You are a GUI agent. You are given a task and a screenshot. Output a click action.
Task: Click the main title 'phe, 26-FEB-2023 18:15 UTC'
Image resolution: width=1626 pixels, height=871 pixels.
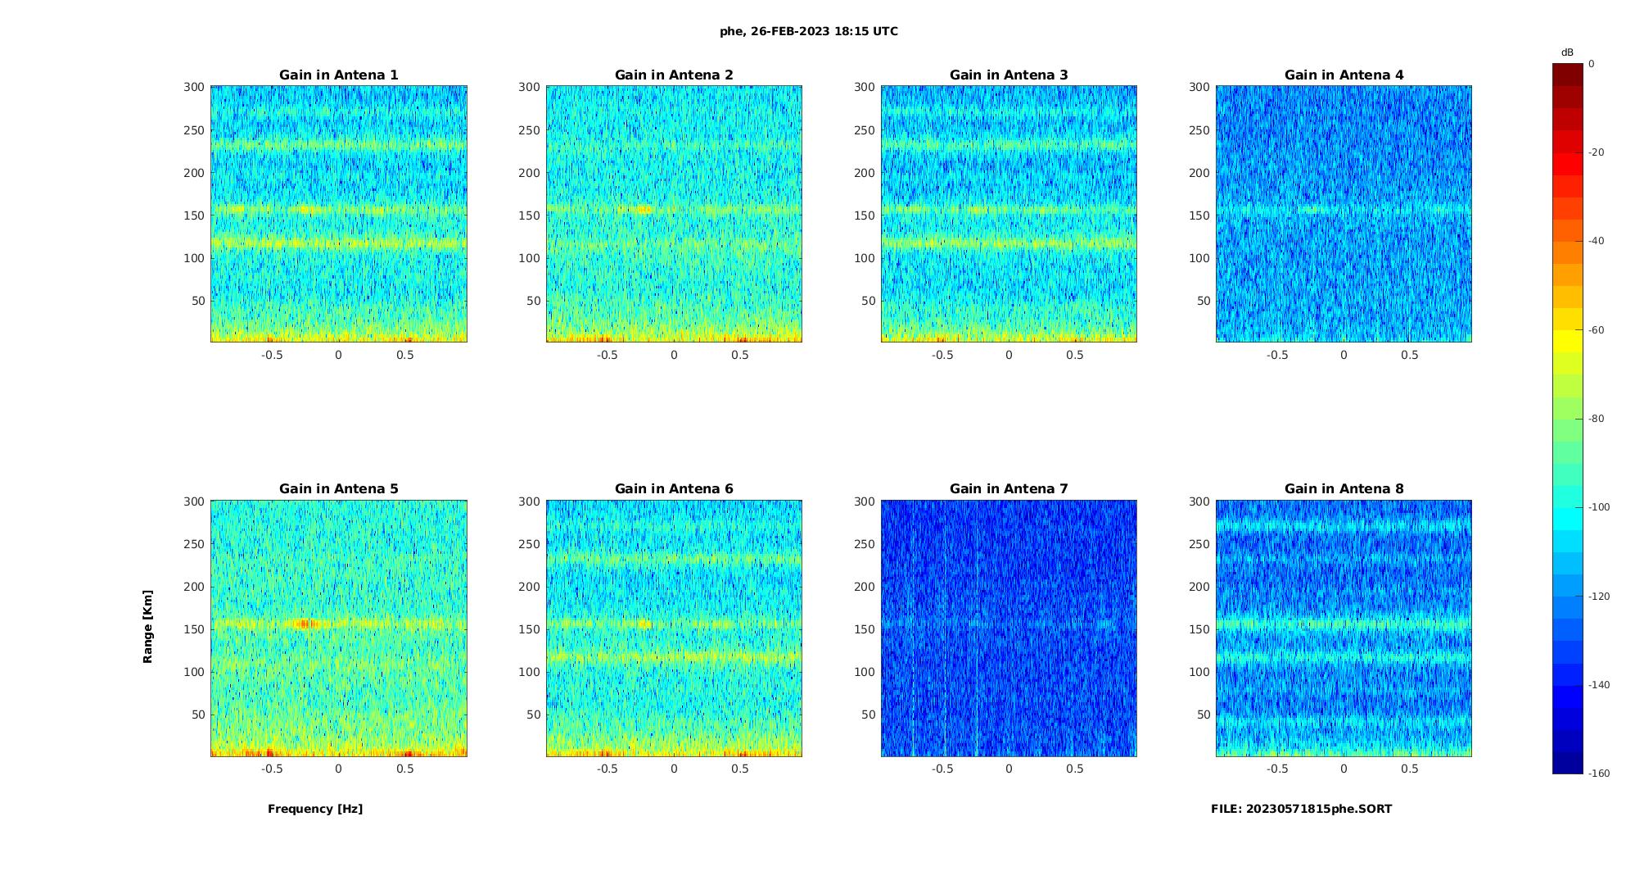coord(808,32)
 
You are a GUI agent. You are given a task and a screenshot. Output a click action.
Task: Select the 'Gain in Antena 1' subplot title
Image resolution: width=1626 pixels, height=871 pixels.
coord(339,75)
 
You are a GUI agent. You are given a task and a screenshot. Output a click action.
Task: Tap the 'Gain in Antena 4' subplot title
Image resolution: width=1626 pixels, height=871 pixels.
coord(1344,75)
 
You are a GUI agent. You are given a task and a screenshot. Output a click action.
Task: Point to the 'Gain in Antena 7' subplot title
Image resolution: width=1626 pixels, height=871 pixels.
coord(1009,489)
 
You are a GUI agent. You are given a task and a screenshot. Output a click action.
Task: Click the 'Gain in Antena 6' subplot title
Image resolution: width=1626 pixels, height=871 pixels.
coord(674,489)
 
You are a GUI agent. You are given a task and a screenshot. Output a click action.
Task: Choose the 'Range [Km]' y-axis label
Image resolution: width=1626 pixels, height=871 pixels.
coord(148,627)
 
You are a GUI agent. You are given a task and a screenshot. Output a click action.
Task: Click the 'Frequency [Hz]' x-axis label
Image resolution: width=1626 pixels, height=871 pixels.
coord(315,809)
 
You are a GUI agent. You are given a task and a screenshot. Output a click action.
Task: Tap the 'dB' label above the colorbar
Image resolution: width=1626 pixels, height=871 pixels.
coord(1567,52)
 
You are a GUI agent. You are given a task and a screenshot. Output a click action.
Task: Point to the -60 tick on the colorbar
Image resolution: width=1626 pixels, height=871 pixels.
coord(1596,330)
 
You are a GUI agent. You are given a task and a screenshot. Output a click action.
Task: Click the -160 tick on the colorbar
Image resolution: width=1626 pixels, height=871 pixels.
coord(1598,773)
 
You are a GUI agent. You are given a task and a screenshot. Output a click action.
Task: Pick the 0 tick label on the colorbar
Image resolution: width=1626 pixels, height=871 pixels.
coord(1592,64)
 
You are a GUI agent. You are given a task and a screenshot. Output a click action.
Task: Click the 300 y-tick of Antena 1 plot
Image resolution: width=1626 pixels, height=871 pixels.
coord(194,87)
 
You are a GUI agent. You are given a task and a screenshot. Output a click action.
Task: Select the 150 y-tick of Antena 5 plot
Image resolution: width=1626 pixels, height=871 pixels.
coord(194,629)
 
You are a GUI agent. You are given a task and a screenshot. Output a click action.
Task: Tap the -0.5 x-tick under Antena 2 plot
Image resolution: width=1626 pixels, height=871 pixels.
coord(607,355)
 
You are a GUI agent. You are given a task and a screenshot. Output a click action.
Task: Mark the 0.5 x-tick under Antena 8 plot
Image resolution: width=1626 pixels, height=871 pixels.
coord(1410,769)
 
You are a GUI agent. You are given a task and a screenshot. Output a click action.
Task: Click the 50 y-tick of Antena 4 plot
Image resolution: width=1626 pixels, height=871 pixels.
coord(1203,301)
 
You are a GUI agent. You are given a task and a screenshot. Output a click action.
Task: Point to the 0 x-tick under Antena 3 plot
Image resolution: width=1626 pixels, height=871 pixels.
coord(1009,355)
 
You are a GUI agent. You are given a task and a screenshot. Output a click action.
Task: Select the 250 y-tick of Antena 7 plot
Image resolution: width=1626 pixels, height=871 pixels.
coord(865,544)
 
